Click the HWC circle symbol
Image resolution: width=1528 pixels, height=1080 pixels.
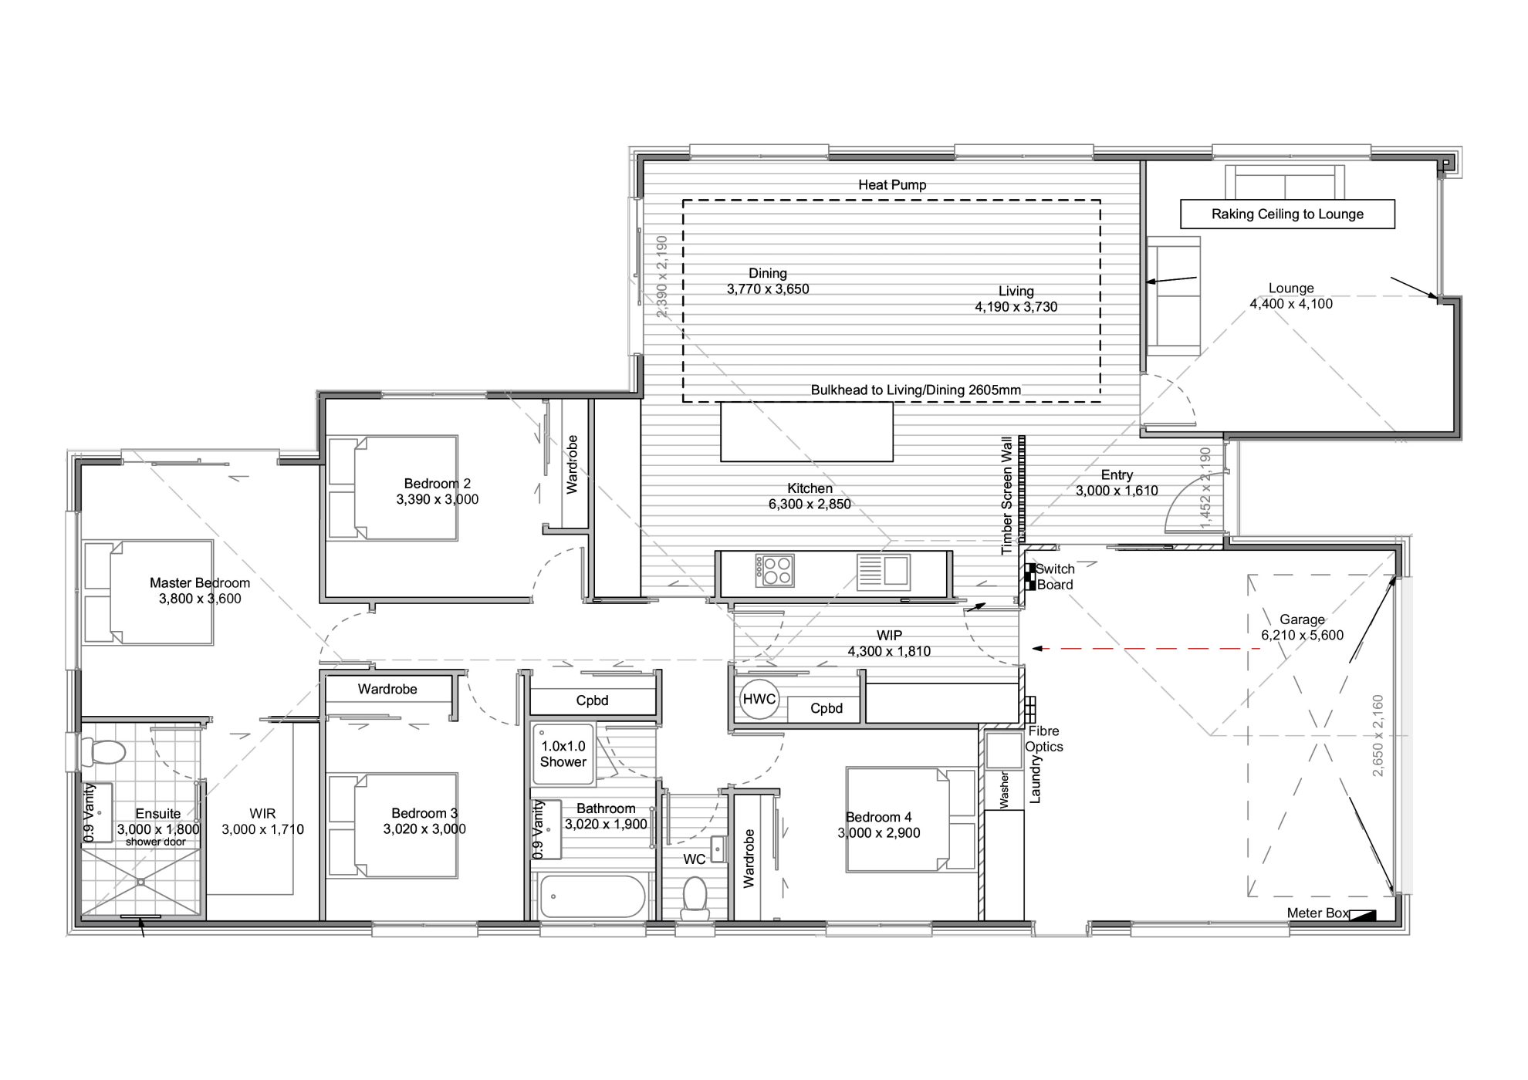click(x=759, y=699)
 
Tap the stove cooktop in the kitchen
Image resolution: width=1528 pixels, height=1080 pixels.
click(x=775, y=571)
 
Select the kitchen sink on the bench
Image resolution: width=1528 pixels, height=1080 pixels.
click(x=884, y=572)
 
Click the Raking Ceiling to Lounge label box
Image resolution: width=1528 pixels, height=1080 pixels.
click(x=1287, y=214)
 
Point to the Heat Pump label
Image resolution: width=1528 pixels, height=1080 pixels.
click(x=892, y=185)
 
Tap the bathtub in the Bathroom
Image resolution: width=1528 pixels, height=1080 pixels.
click(x=592, y=896)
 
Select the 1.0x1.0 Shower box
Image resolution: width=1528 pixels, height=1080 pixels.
click(x=563, y=754)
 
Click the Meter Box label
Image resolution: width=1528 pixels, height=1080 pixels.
click(x=1318, y=913)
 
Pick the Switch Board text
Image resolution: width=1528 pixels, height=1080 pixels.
click(x=1055, y=577)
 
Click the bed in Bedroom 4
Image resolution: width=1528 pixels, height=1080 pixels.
click(x=911, y=820)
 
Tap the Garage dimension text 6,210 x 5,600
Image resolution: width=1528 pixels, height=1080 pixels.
click(x=1302, y=636)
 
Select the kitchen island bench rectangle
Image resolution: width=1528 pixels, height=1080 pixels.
click(x=806, y=431)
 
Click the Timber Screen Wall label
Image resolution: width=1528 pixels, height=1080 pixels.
click(x=1006, y=495)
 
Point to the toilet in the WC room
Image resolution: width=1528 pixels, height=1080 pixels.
click(x=695, y=899)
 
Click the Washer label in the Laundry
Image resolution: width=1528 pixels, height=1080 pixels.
click(x=1004, y=790)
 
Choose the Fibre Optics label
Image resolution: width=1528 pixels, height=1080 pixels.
click(x=1043, y=739)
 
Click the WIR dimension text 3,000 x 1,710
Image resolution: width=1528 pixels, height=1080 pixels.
click(x=262, y=829)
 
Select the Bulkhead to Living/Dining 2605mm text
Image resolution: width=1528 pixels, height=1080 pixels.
click(x=915, y=390)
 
